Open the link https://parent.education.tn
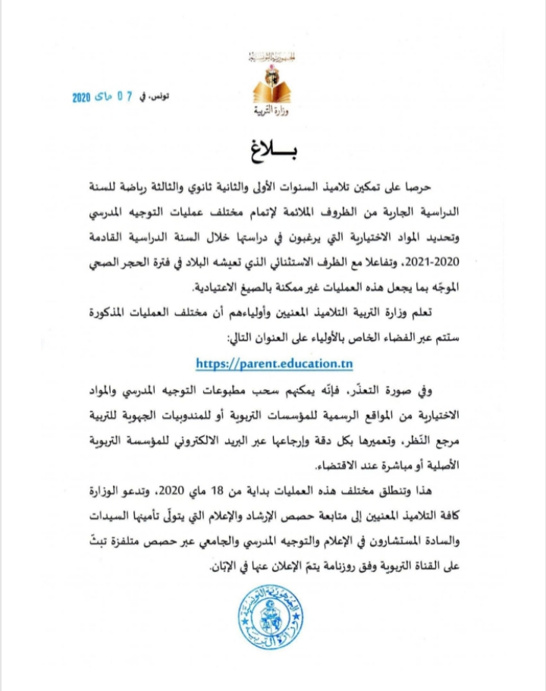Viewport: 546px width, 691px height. [274, 363]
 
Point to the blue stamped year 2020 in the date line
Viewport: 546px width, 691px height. [81, 99]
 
